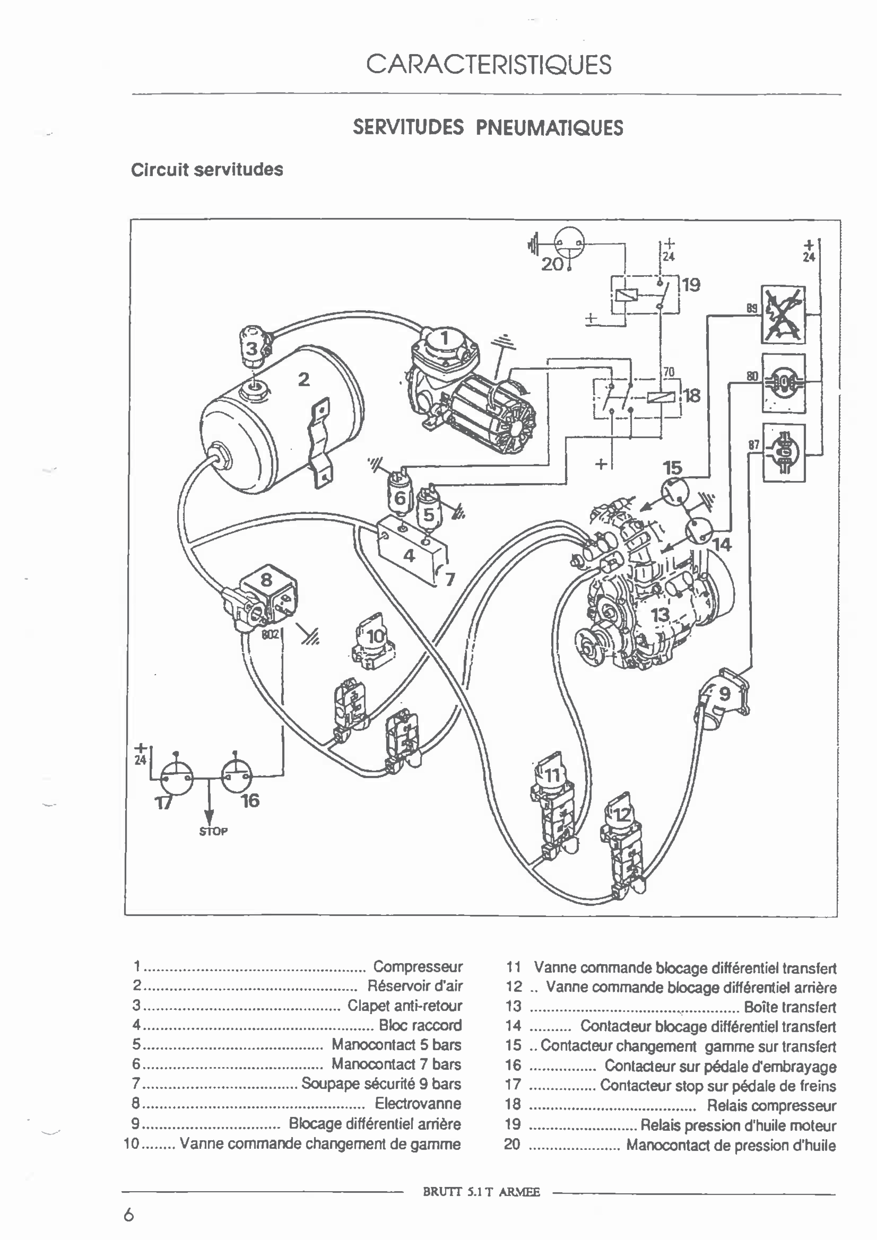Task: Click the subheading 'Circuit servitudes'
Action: coord(207,169)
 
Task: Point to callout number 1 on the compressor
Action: coord(444,338)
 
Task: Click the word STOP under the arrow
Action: coord(213,832)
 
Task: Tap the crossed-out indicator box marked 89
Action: coord(783,315)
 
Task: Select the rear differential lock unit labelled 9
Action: coord(724,694)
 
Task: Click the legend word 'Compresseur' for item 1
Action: coord(418,966)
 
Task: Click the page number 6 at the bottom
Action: coord(129,1216)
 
